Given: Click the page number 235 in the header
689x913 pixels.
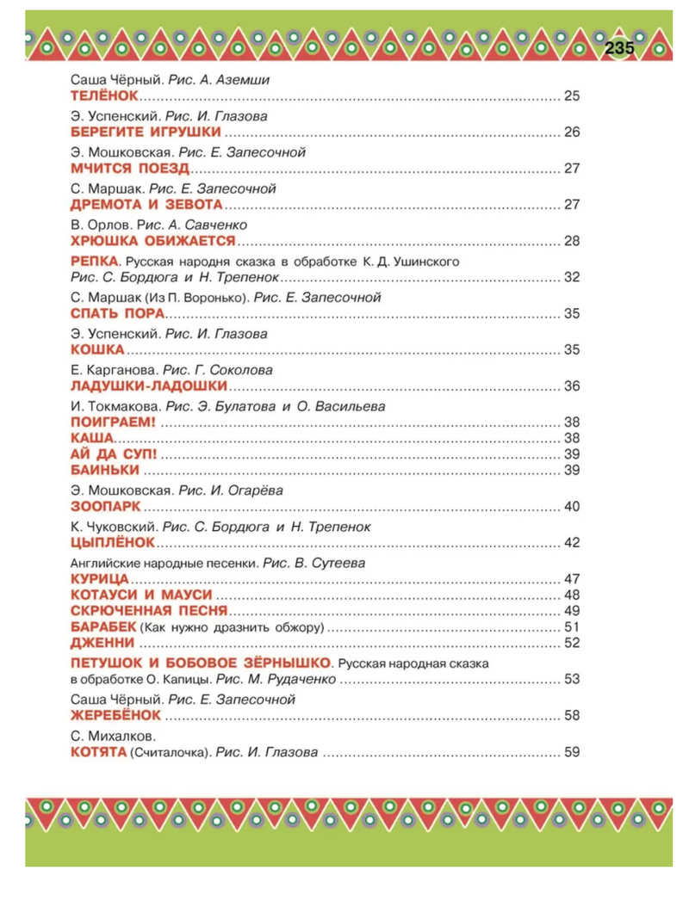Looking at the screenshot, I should pyautogui.click(x=618, y=49).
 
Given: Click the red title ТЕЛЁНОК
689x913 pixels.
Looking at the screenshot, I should pyautogui.click(x=102, y=95).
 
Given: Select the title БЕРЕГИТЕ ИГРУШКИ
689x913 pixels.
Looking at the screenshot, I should pyautogui.click(x=145, y=132).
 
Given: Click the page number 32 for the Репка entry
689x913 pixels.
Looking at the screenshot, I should pyautogui.click(x=572, y=277).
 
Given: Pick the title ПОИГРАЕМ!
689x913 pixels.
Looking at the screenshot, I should pyautogui.click(x=111, y=422).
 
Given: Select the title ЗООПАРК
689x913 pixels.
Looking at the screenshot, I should pyautogui.click(x=102, y=506).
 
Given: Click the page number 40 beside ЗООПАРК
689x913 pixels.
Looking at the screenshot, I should pyautogui.click(x=572, y=506).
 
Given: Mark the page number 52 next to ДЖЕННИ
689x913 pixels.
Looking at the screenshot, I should pyautogui.click(x=572, y=642).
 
